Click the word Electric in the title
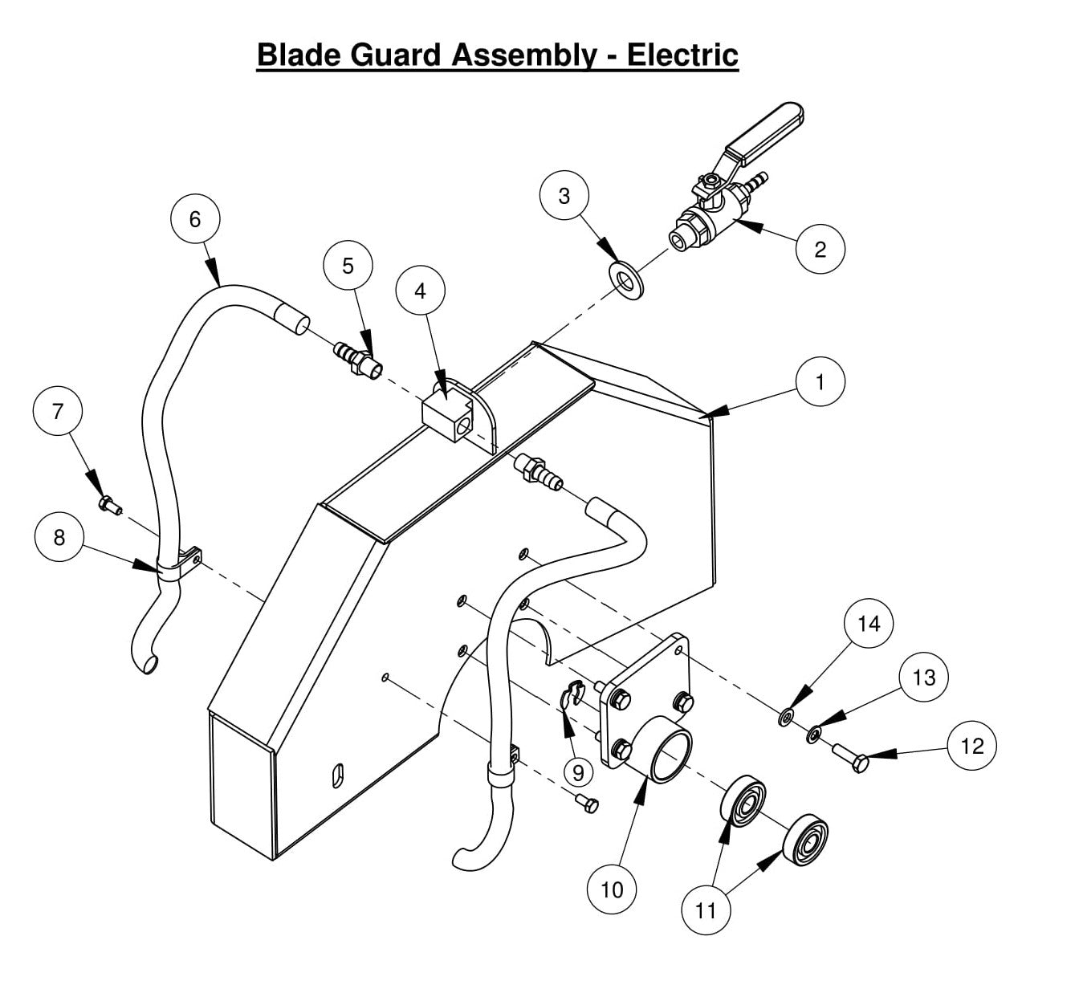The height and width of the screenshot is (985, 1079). [682, 55]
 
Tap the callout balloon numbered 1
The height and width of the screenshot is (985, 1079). [820, 382]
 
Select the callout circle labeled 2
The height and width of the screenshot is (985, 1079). [820, 249]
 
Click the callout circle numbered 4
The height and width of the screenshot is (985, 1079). [421, 291]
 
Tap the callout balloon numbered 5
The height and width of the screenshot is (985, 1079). [348, 266]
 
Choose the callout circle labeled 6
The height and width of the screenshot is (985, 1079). [195, 218]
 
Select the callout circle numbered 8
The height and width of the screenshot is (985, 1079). [59, 537]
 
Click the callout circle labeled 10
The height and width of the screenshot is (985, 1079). [612, 889]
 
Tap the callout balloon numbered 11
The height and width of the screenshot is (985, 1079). [706, 910]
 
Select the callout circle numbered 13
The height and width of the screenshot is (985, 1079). [924, 678]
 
